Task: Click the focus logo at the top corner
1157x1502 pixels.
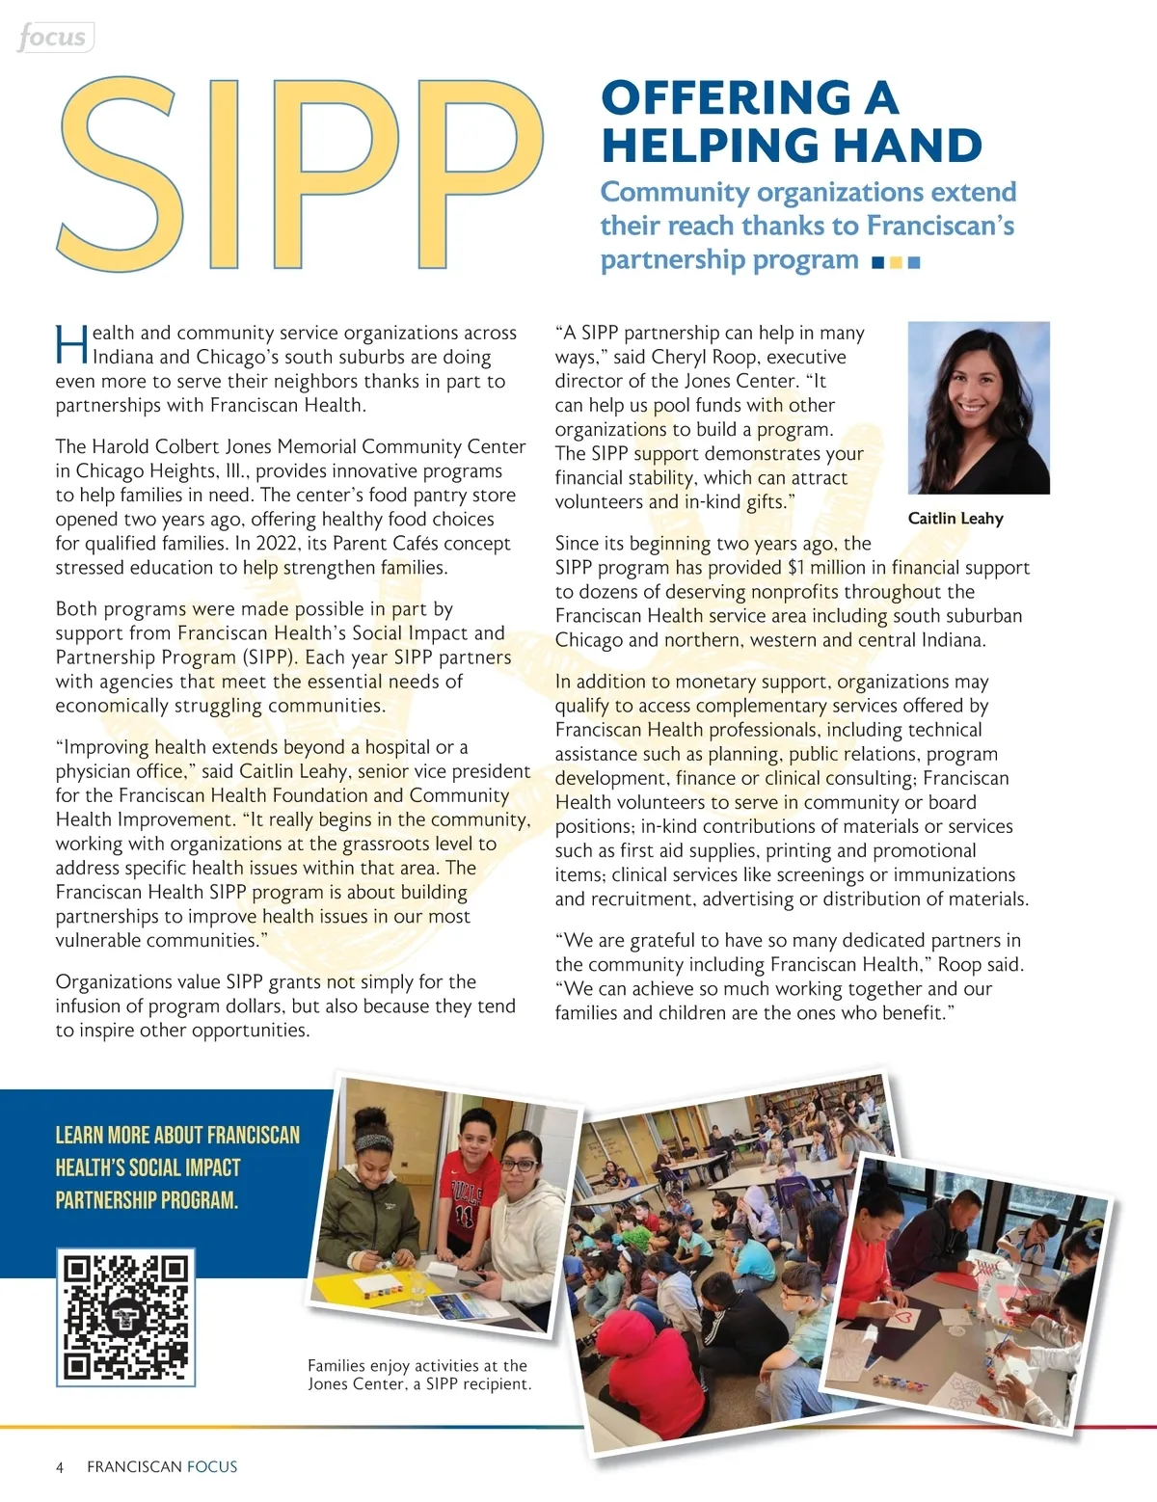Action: [x=53, y=38]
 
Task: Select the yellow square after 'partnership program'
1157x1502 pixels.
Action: [x=896, y=262]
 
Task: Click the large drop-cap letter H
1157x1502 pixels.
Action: [x=71, y=345]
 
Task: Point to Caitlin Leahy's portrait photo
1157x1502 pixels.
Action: [x=979, y=407]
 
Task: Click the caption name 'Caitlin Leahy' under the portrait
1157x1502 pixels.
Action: [x=955, y=519]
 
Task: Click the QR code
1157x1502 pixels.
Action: [x=126, y=1317]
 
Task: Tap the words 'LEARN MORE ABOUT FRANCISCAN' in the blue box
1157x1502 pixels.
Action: [x=177, y=1135]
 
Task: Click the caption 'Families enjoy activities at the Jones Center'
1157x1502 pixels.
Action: [x=418, y=1375]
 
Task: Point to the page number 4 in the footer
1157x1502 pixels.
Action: [x=60, y=1467]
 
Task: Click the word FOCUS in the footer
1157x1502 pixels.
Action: [x=212, y=1467]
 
